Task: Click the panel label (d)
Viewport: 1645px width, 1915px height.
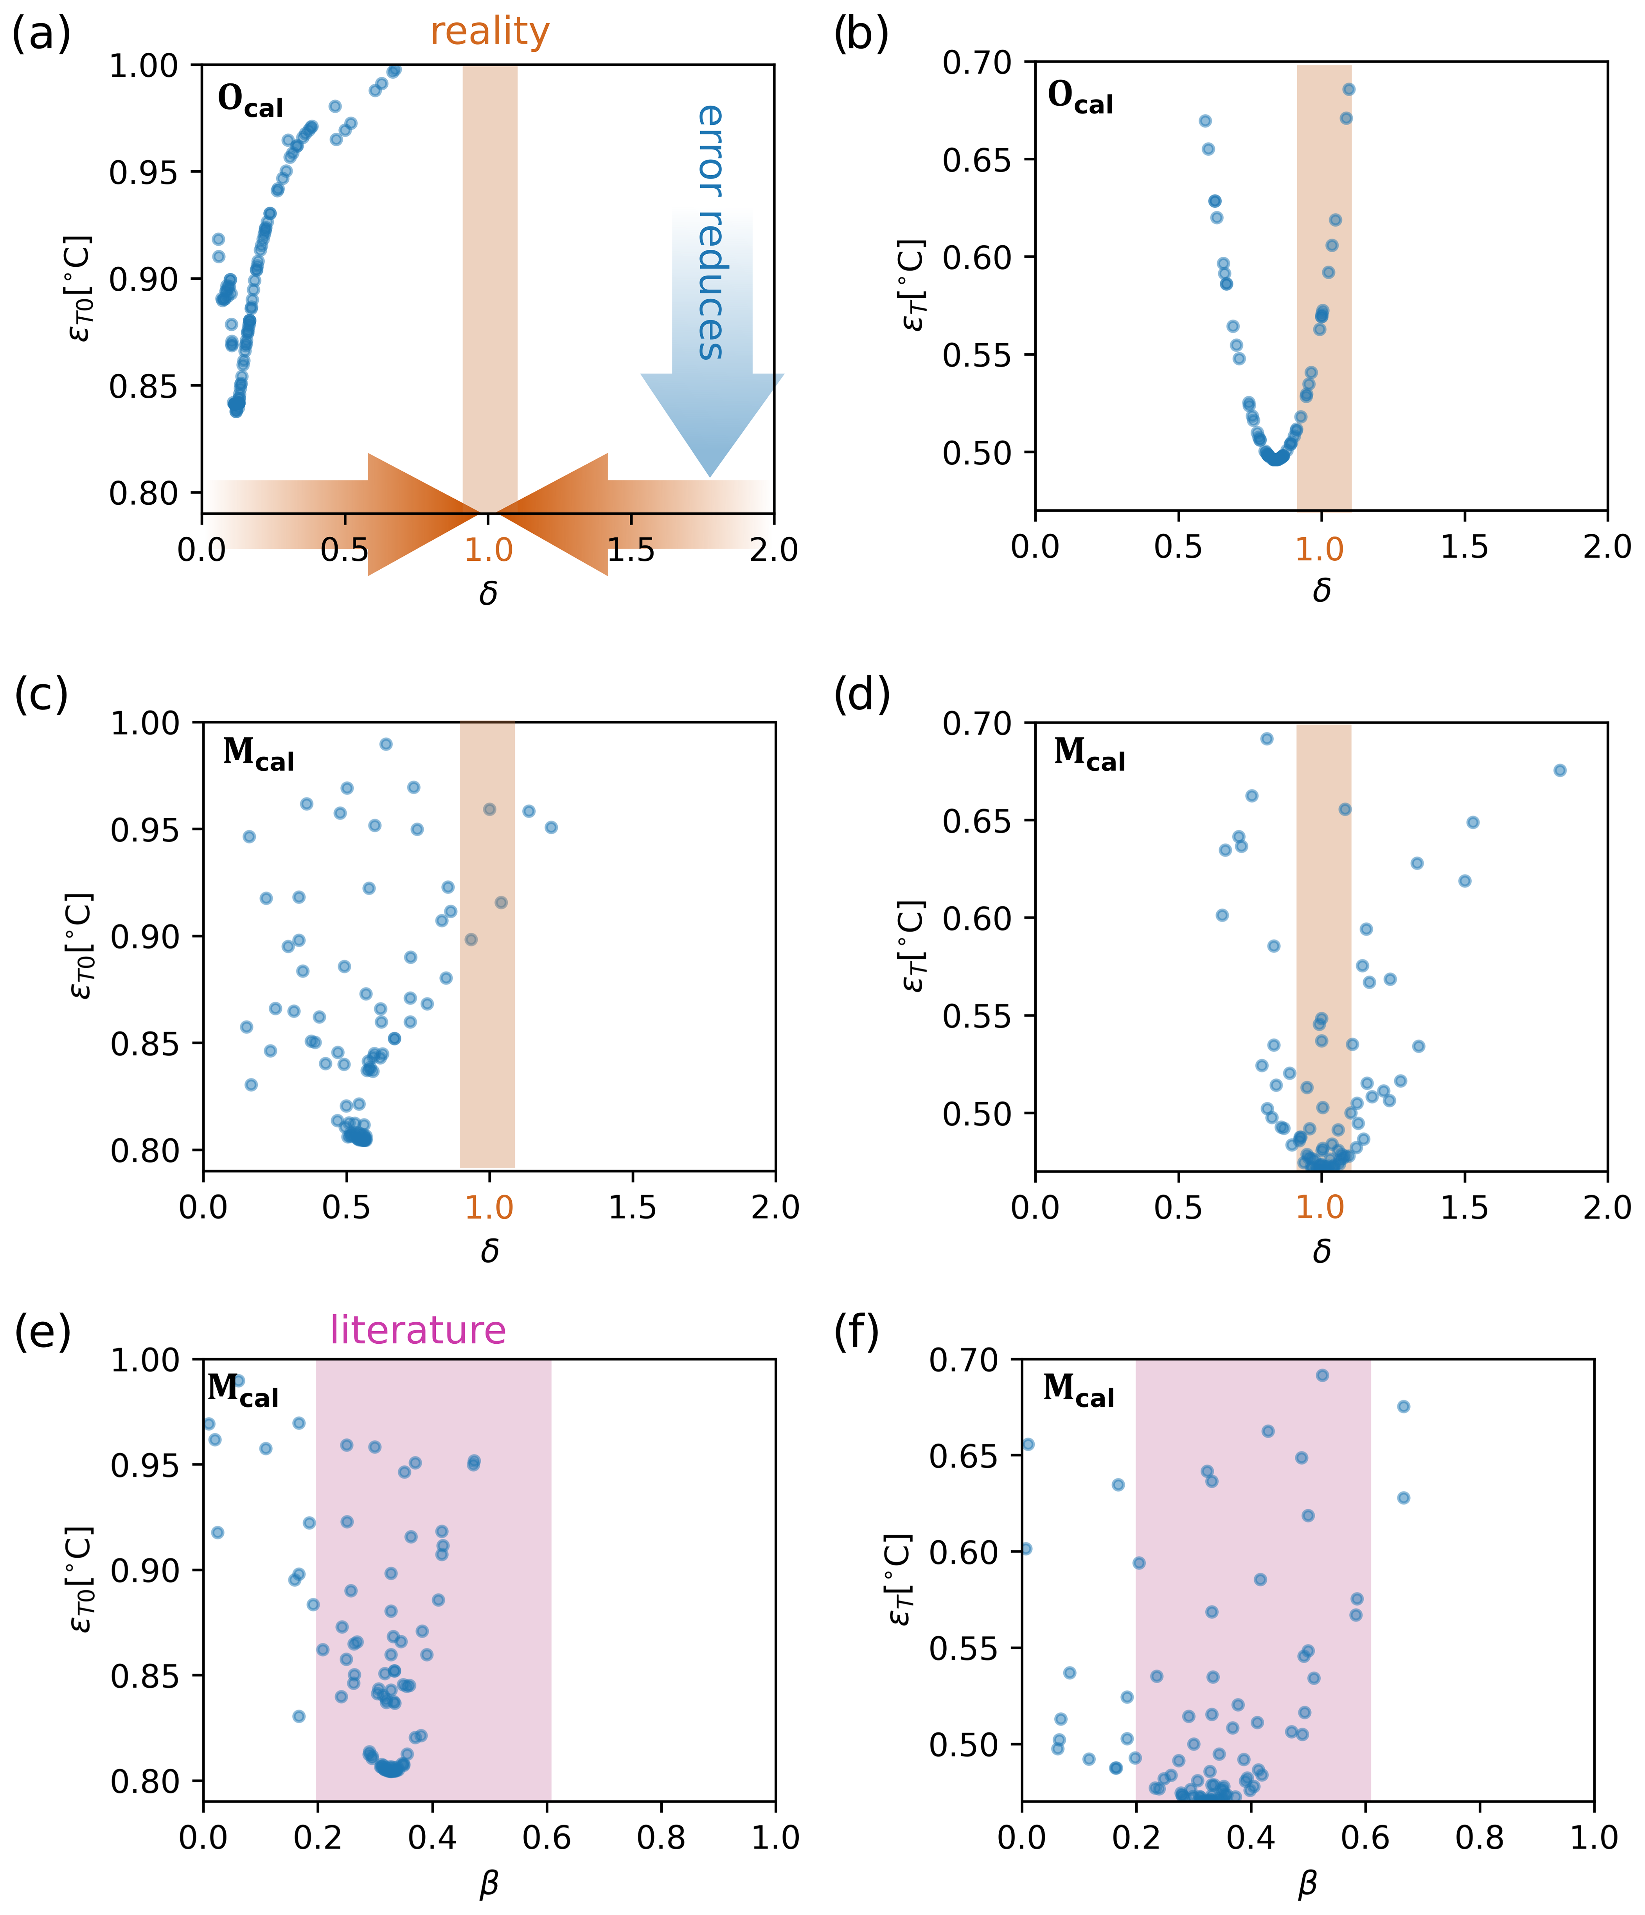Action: [861, 694]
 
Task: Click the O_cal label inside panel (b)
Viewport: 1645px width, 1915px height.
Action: [1079, 97]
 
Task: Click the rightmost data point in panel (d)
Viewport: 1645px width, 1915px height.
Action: [1559, 770]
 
